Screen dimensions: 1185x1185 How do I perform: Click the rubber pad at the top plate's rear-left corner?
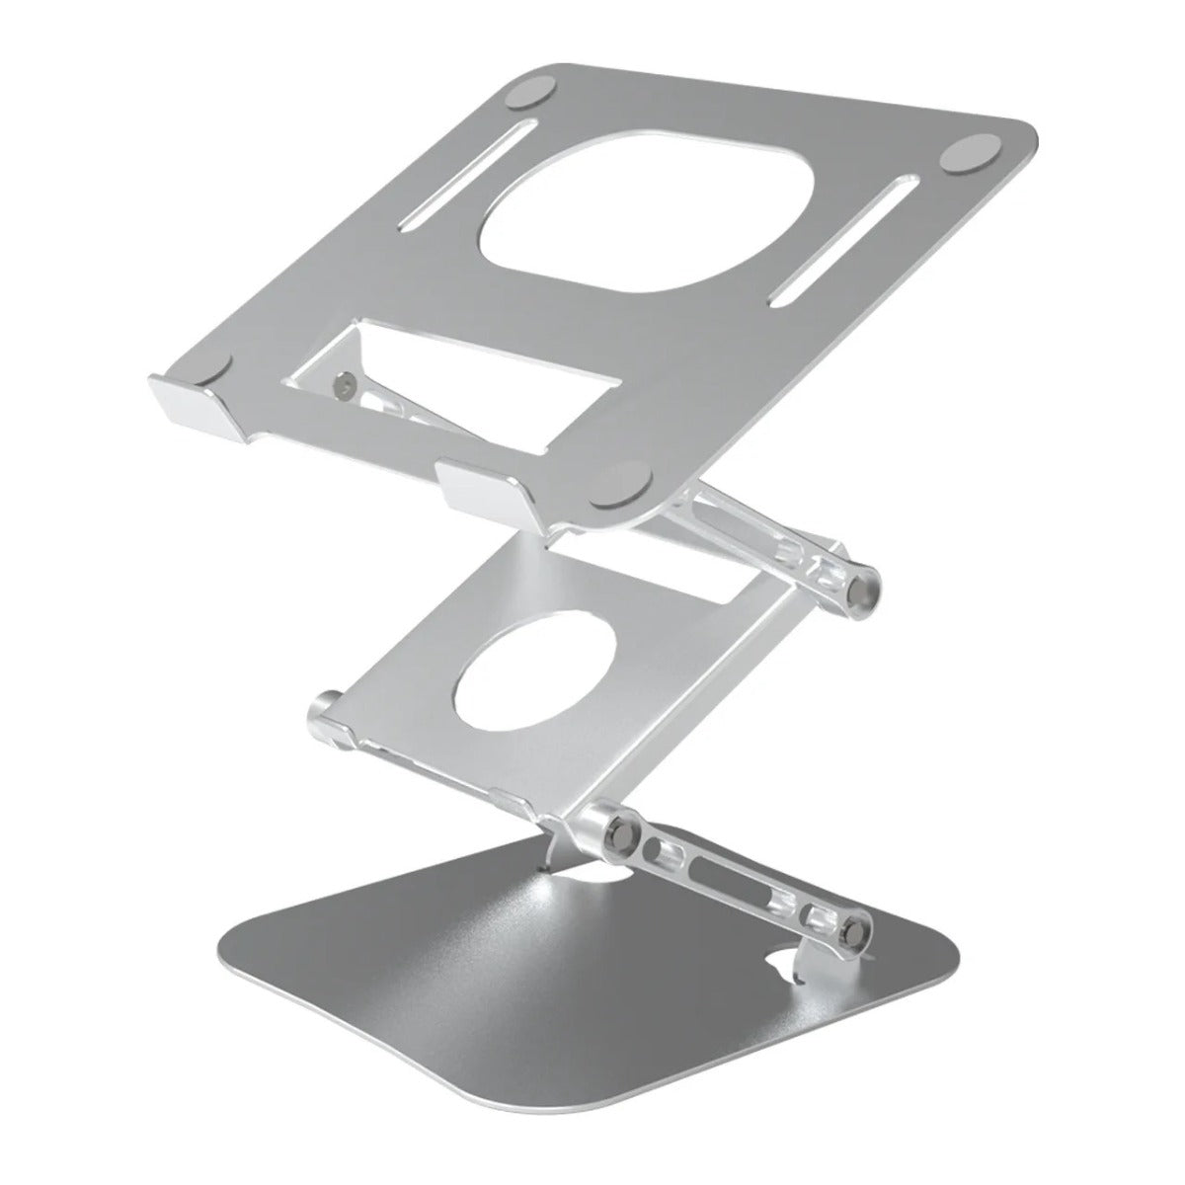534,94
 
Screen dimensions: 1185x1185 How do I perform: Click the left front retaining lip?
188,405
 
